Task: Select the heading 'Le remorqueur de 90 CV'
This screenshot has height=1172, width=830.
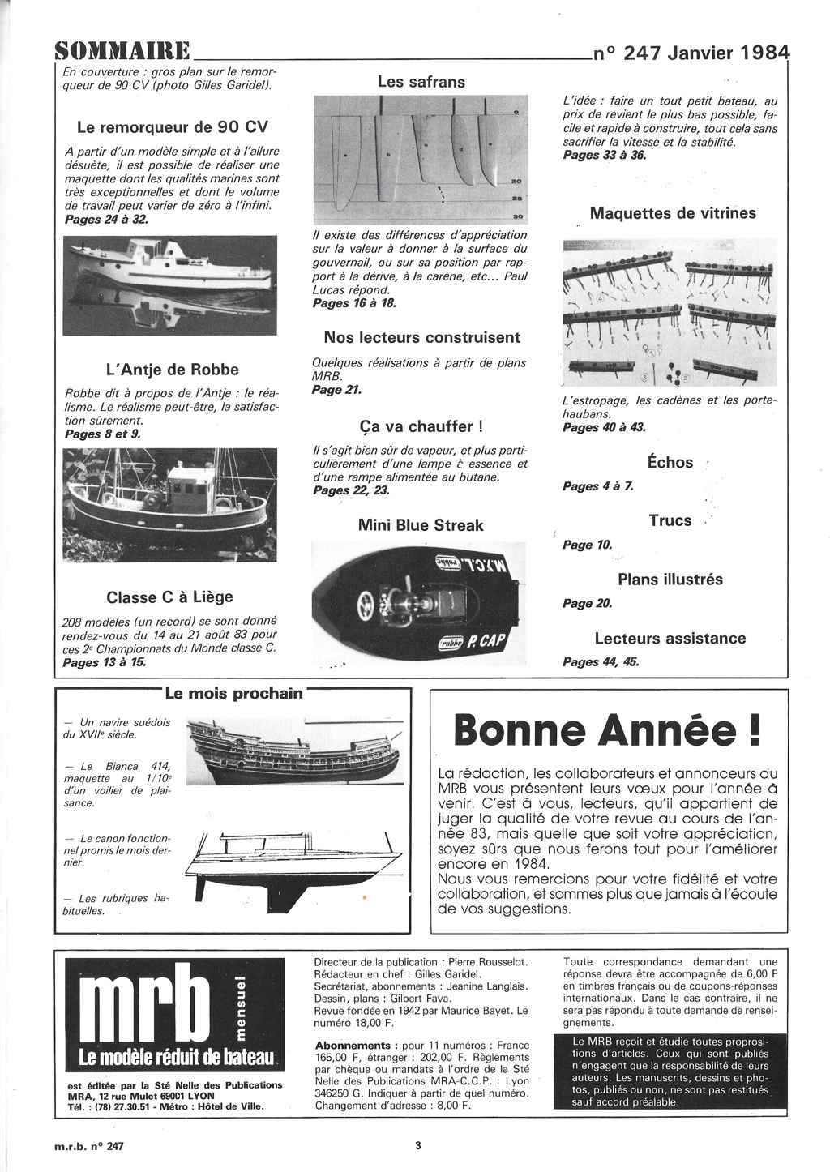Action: click(172, 127)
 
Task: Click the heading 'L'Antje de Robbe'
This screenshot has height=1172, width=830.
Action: click(173, 370)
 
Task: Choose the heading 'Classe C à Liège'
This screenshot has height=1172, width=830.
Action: click(169, 597)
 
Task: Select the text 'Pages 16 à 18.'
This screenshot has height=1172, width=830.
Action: click(354, 303)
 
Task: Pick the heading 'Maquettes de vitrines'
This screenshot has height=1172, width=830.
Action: click(673, 214)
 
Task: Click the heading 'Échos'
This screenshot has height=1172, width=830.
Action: click(670, 463)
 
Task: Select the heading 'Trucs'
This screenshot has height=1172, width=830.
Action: click(670, 520)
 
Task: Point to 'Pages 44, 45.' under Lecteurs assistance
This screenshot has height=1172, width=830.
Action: click(601, 662)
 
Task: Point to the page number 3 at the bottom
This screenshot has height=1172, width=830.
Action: click(418, 1145)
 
